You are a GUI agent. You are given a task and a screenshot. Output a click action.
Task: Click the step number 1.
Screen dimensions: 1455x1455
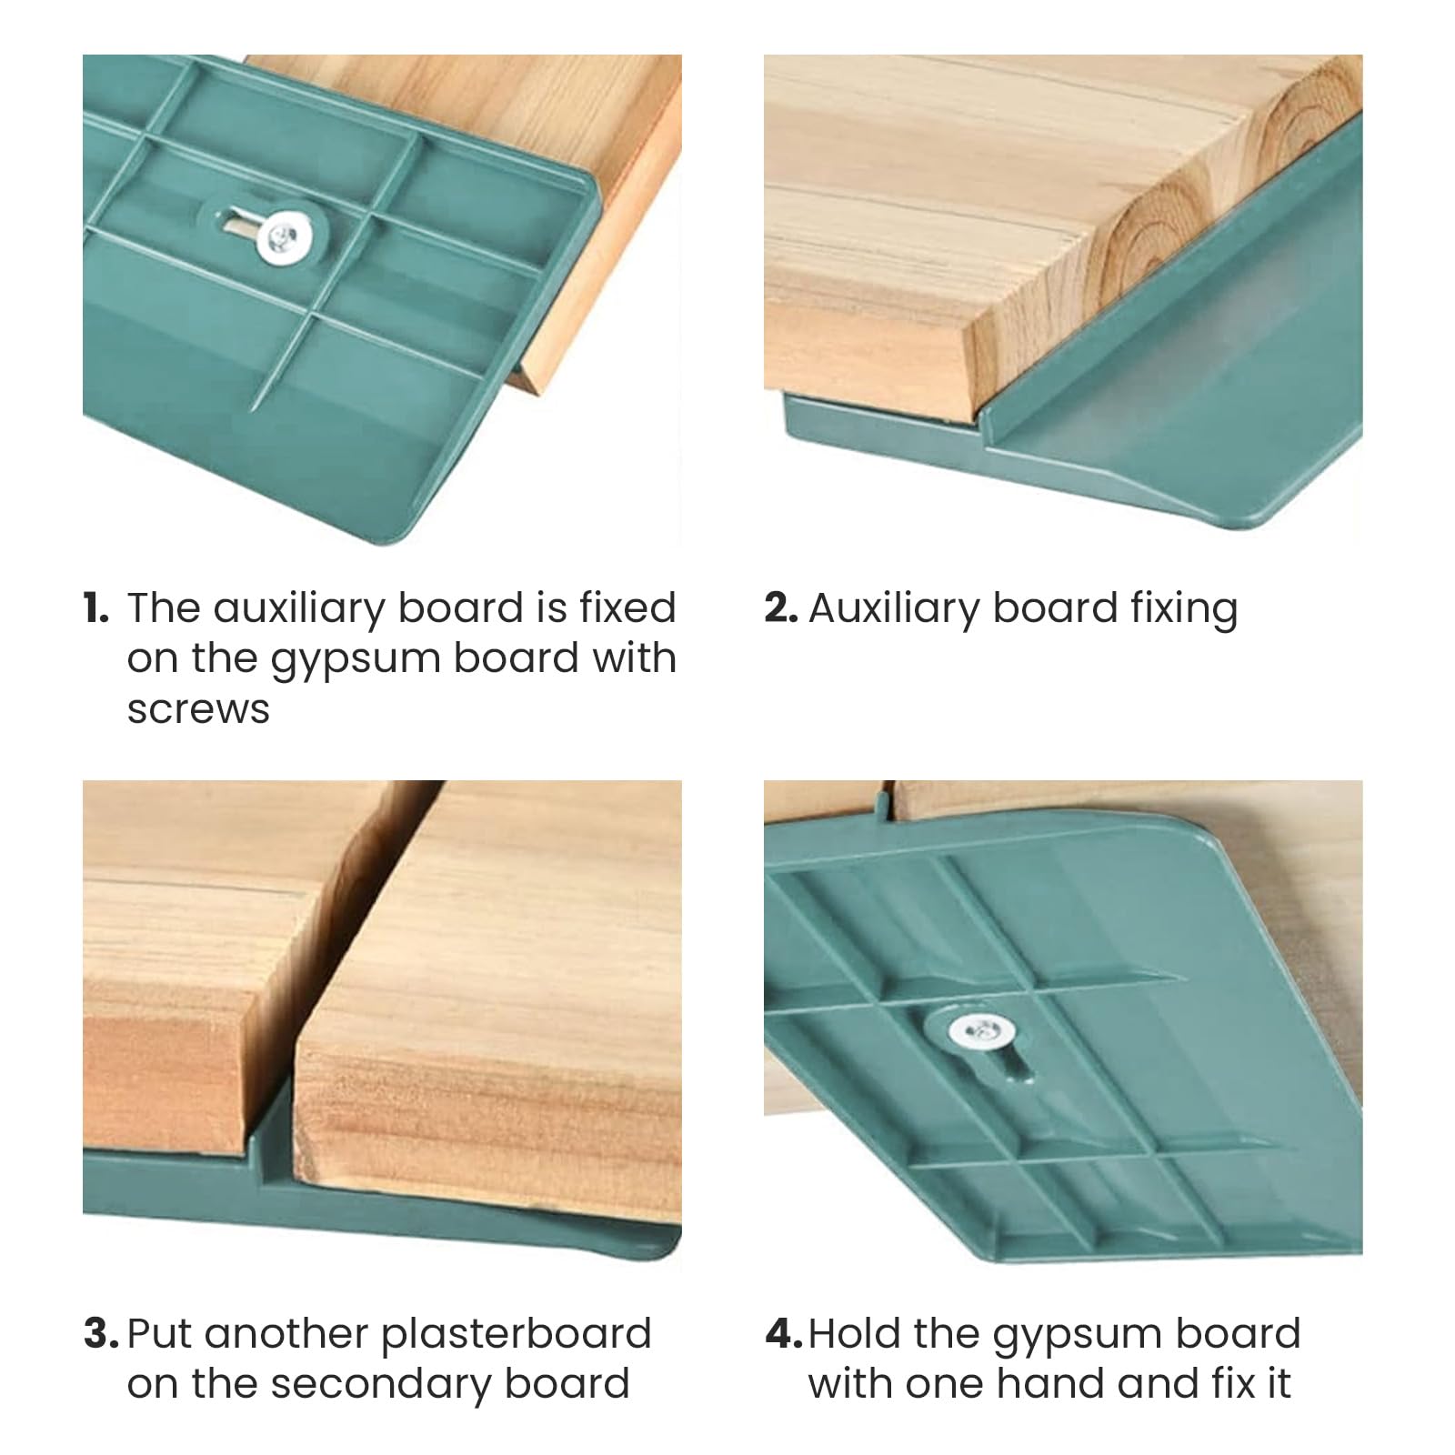95,608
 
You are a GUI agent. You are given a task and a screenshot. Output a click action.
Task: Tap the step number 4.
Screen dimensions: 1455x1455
784,1334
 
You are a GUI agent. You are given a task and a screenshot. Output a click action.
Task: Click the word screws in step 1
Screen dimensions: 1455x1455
198,709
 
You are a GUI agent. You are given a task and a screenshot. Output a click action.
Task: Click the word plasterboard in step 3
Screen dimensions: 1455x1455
517,1335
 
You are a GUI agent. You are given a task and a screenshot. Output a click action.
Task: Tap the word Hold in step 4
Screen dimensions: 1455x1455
854,1334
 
